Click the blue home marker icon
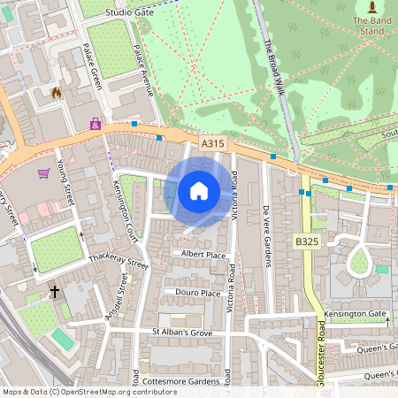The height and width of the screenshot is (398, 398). (x=198, y=190)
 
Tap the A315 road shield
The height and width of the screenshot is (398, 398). (x=212, y=143)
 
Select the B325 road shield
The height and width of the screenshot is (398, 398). (x=307, y=240)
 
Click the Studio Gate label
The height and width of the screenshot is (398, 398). (x=129, y=13)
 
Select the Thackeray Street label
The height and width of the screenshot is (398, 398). (x=119, y=262)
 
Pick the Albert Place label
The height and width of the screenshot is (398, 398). (x=203, y=255)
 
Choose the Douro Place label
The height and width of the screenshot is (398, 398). (x=197, y=293)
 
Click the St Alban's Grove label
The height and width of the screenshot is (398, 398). (x=183, y=332)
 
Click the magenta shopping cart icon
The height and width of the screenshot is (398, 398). (x=43, y=173)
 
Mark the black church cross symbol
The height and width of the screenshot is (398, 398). (x=54, y=291)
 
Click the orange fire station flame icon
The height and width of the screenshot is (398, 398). (x=57, y=93)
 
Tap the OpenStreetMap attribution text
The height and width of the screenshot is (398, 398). (x=77, y=392)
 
